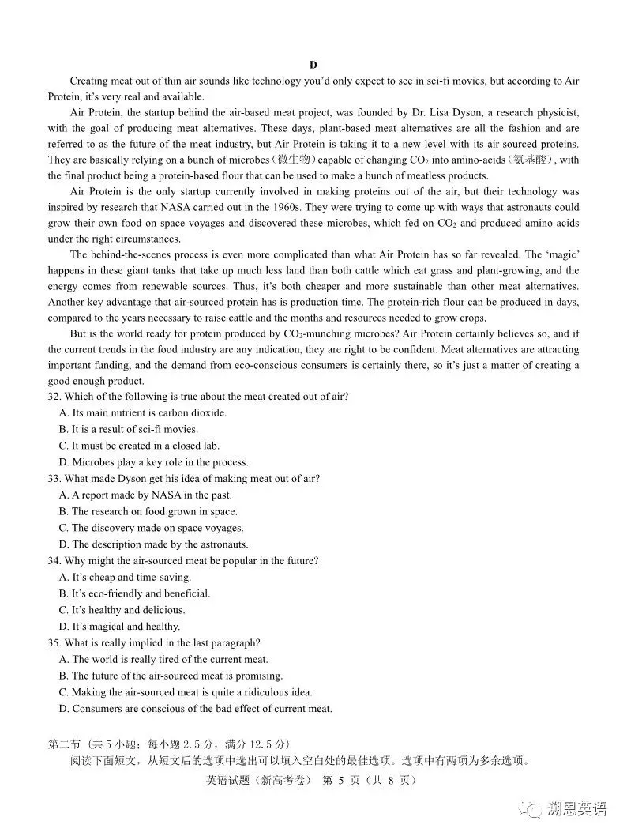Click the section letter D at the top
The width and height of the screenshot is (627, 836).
[x=313, y=65]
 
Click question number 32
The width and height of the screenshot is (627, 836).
[x=54, y=397]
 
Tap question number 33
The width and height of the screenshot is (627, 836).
[x=54, y=479]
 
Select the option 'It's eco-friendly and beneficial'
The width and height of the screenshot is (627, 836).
[x=134, y=593]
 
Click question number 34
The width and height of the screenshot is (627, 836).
[x=54, y=561]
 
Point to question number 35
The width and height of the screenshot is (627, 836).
[x=54, y=643]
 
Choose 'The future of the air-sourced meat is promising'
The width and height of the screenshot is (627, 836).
[x=171, y=676]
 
